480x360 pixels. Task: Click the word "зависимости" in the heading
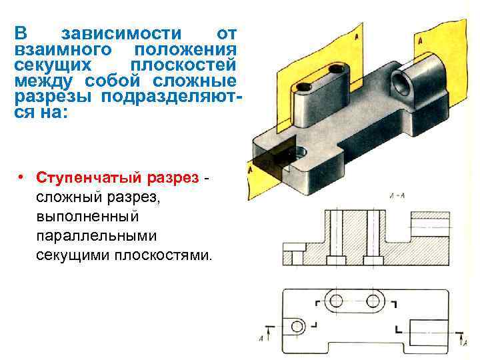[x=121, y=34]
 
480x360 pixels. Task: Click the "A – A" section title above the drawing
[x=398, y=196]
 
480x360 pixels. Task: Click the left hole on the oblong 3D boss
[x=306, y=88]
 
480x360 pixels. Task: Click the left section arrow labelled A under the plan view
[x=269, y=333]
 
